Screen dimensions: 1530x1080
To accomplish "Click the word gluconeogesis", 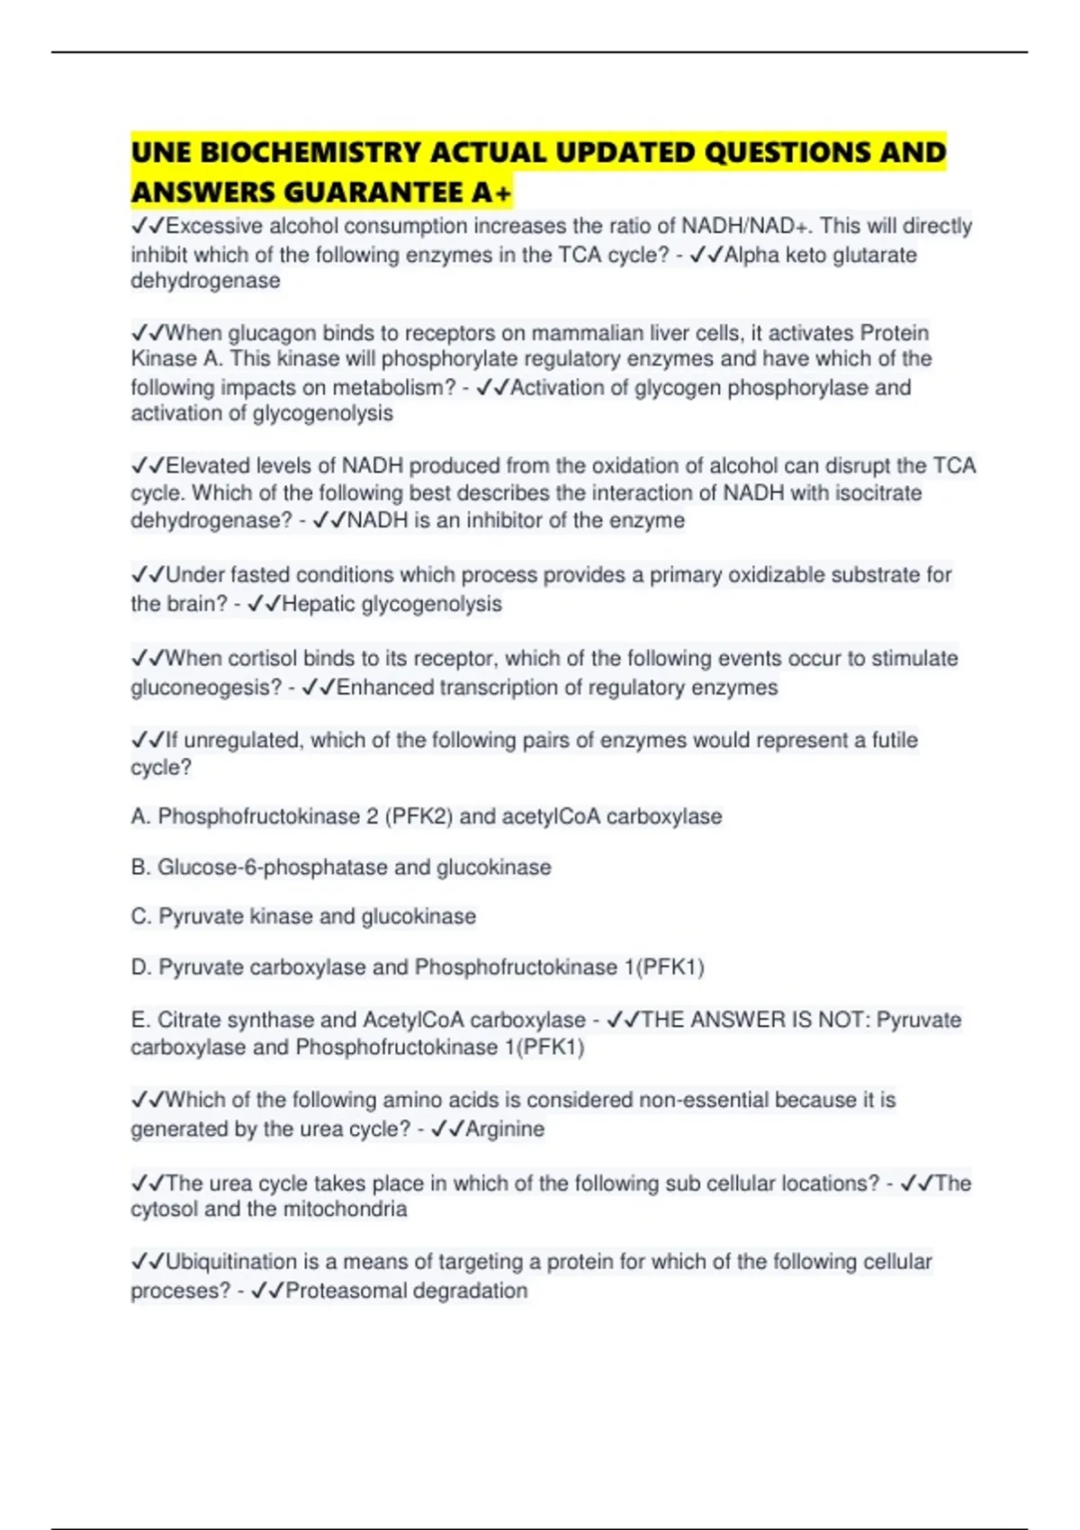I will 206,688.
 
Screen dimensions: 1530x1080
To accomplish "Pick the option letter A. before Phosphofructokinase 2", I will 140,816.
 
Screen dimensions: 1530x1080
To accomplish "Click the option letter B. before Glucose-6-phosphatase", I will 140,868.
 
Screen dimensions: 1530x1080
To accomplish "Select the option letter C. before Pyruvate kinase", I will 140,916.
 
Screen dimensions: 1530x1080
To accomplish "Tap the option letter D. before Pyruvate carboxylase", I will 140,967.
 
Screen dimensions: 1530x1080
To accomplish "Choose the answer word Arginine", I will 504,1129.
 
